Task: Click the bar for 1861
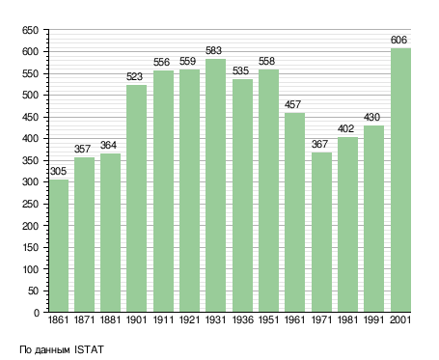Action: tap(59, 245)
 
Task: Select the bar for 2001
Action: tap(400, 180)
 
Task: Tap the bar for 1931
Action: tap(215, 185)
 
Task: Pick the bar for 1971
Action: tap(321, 232)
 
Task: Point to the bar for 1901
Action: tap(136, 198)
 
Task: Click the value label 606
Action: tap(398, 40)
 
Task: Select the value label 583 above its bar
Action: tap(213, 50)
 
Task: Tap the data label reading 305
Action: tap(58, 171)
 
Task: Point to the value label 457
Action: tap(292, 104)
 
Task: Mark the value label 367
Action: tap(319, 144)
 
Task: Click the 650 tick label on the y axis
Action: tap(30, 31)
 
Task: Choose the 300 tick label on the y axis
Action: tap(30, 182)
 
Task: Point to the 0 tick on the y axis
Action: tap(37, 313)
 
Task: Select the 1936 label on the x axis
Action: tap(242, 319)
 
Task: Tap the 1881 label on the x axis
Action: tap(110, 319)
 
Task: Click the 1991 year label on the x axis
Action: tap(373, 319)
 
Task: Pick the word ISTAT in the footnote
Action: tap(89, 349)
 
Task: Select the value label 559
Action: tap(187, 61)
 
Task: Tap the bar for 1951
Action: tap(268, 190)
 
